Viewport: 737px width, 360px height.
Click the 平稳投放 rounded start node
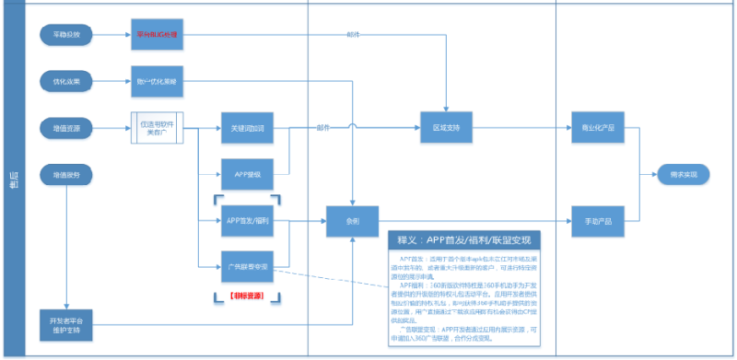[66, 35]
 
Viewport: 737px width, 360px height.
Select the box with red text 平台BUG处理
[157, 35]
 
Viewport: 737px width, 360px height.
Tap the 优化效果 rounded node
[66, 82]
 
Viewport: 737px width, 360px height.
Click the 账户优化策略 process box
[157, 82]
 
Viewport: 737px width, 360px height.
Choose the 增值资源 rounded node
[66, 128]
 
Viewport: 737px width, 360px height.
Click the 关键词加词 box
[248, 128]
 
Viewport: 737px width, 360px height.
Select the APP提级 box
[248, 173]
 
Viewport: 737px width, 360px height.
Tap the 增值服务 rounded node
[66, 173]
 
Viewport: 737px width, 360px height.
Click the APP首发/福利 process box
[248, 221]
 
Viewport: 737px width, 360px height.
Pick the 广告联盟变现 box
[248, 267]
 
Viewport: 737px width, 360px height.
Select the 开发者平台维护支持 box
[66, 323]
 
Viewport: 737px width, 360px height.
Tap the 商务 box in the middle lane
[353, 221]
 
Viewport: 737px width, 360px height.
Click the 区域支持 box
[446, 128]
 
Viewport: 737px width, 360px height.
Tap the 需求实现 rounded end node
[683, 174]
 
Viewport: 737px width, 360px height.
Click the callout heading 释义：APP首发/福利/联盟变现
[464, 240]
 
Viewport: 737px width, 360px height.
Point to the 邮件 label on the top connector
[353, 34]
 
